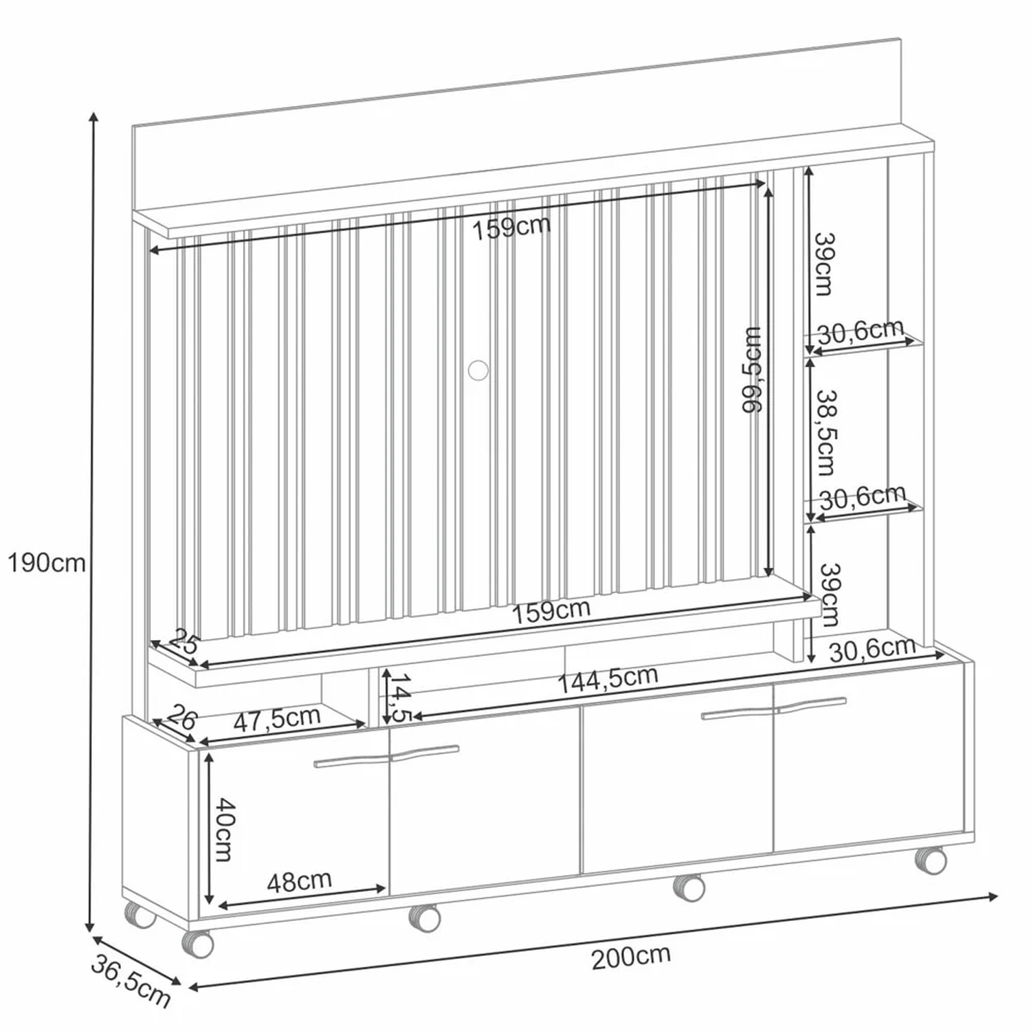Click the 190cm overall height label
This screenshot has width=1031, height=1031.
pos(47,563)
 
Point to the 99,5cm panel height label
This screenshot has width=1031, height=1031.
pos(753,370)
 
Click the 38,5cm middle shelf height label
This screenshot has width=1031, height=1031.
pos(825,433)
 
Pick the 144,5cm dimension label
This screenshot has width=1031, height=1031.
pos(608,679)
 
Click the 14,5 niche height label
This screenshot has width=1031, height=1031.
pos(401,698)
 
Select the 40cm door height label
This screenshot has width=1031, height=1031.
pos(223,829)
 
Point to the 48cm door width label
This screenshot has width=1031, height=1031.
pos(299,881)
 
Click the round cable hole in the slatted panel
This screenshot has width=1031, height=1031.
pos(478,370)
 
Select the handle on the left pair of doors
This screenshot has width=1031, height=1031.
pos(387,755)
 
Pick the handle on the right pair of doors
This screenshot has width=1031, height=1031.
pos(774,708)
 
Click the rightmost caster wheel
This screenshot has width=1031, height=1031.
pos(931,860)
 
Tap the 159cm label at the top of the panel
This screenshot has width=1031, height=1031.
pos(511,227)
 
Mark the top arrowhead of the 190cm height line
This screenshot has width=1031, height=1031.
pos(94,114)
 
